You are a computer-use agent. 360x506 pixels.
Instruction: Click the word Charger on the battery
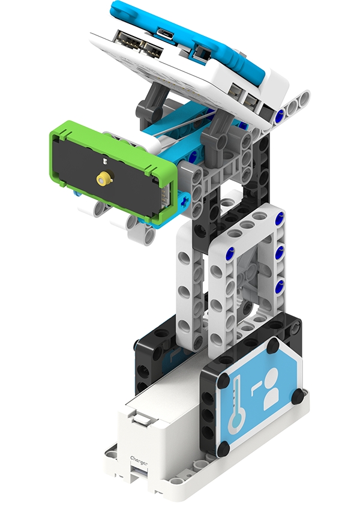click(x=139, y=460)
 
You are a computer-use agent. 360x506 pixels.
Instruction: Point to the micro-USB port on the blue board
click(x=166, y=33)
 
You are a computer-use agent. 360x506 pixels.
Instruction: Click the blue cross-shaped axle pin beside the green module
click(x=185, y=202)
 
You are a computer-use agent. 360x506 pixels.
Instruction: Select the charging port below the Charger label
click(x=139, y=473)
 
